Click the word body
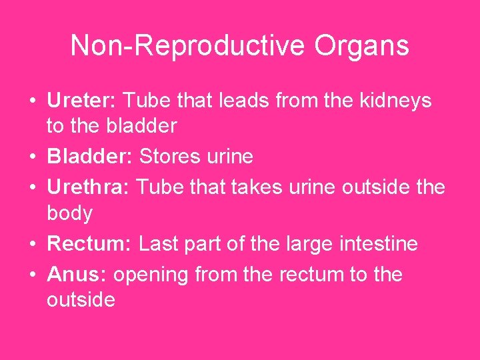(x=69, y=214)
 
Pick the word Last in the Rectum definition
(x=159, y=244)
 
